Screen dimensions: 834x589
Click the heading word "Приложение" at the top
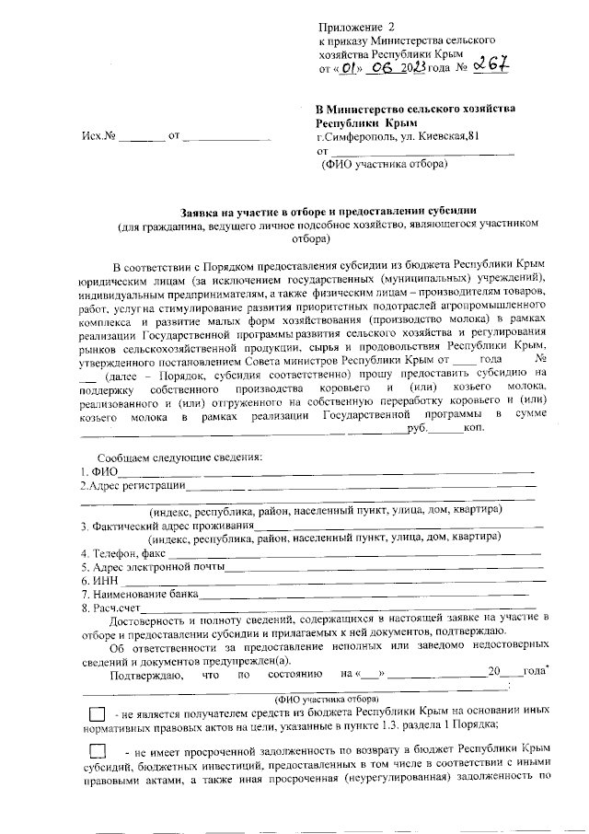click(350, 27)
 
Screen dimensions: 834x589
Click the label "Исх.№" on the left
click(98, 137)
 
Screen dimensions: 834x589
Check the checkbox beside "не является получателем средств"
click(96, 713)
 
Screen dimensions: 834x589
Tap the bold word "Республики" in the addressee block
click(346, 122)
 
